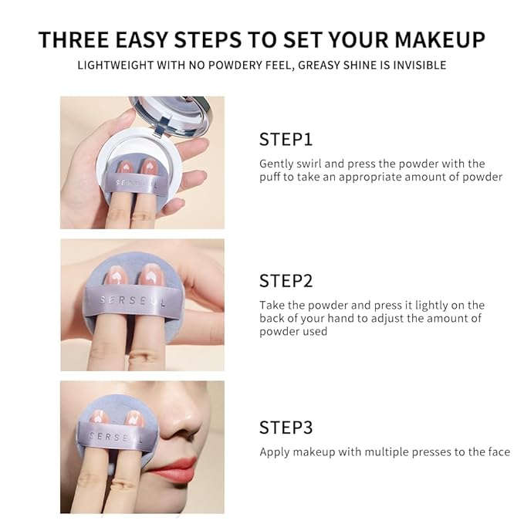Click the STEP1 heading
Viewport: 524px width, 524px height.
[x=286, y=140]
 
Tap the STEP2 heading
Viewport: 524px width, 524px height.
[x=286, y=281]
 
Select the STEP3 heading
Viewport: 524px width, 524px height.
[x=286, y=428]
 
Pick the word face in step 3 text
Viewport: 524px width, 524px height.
[x=498, y=451]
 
